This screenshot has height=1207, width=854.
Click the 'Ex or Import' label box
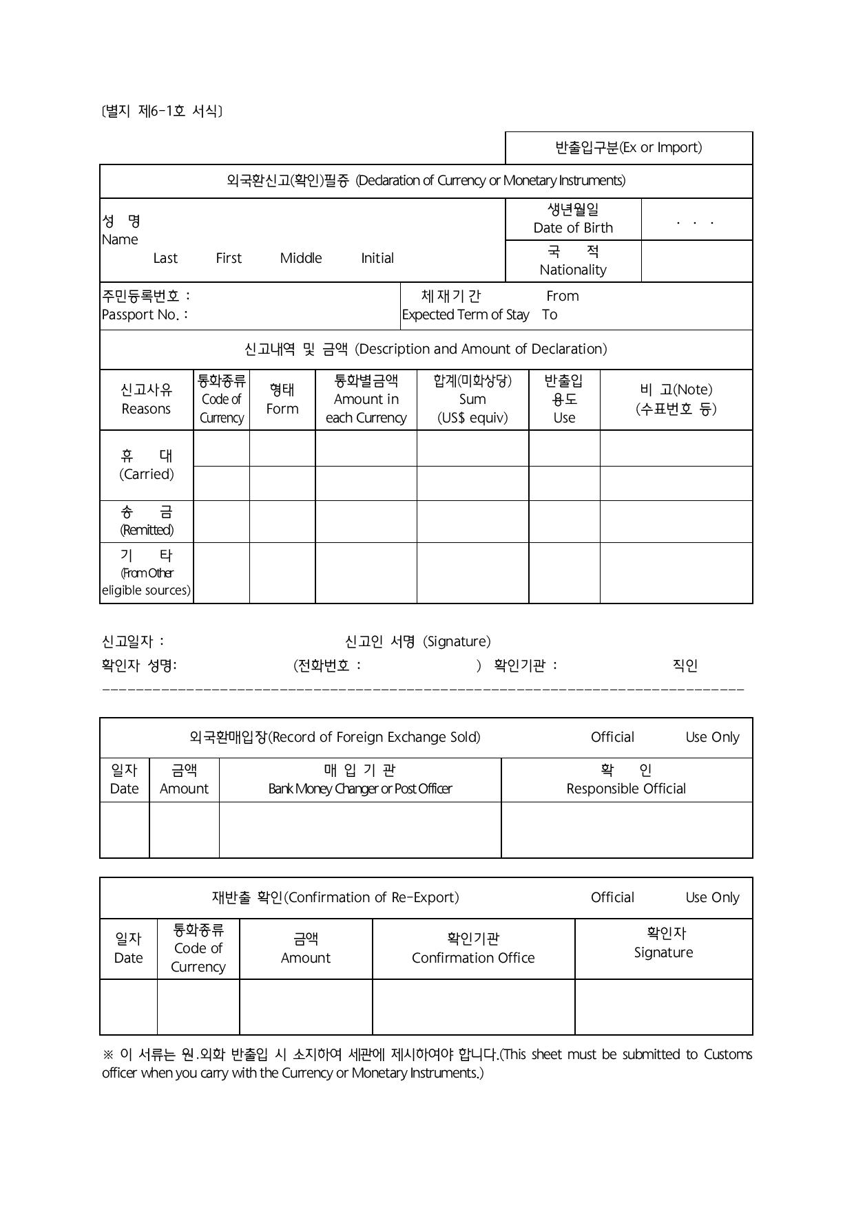click(629, 148)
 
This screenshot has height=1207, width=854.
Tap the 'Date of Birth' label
click(573, 228)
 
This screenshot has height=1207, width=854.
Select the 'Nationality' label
click(573, 270)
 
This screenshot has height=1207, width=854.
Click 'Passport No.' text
click(144, 314)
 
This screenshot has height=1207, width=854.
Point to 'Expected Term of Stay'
click(466, 314)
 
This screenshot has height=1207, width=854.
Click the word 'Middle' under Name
click(301, 258)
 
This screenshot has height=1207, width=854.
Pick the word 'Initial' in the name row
click(377, 258)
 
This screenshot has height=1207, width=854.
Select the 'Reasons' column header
click(146, 409)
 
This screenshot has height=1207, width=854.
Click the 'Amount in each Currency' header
click(366, 408)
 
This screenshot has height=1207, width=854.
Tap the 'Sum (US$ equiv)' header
click(472, 408)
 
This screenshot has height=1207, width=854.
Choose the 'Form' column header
click(282, 409)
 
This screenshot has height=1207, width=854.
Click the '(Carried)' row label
click(147, 474)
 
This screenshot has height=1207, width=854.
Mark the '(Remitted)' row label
click(147, 530)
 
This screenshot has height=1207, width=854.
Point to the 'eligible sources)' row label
click(147, 590)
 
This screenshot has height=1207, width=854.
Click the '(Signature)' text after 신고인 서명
click(457, 641)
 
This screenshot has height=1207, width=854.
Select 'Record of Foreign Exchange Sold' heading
click(373, 737)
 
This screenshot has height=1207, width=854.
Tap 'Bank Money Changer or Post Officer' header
click(360, 789)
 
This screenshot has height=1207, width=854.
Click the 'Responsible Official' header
click(626, 789)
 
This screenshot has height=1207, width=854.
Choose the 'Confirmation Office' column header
click(473, 958)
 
